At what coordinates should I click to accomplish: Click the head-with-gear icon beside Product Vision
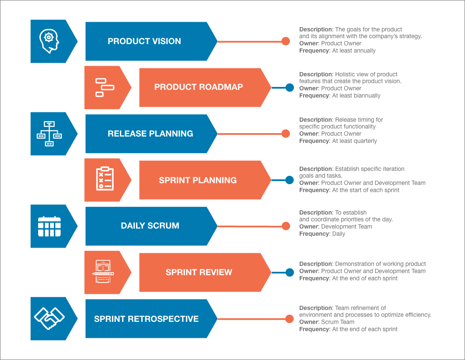click(x=49, y=41)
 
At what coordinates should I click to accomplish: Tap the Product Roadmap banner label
click(x=198, y=87)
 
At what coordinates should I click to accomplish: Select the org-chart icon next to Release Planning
click(x=49, y=134)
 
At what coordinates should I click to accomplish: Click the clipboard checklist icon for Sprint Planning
click(x=105, y=179)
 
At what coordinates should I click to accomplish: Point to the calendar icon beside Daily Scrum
click(x=49, y=226)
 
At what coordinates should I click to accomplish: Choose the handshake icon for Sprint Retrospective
click(x=49, y=318)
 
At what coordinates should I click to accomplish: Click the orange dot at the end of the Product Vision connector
click(x=286, y=41)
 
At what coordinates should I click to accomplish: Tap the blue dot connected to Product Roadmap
click(x=290, y=88)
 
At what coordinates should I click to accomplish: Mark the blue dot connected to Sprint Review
click(x=290, y=273)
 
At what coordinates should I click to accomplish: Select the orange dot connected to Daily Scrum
click(x=286, y=226)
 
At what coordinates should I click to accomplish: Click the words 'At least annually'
click(x=354, y=50)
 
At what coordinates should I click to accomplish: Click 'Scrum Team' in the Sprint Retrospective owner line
click(x=337, y=322)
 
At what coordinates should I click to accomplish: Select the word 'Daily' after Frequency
click(x=339, y=234)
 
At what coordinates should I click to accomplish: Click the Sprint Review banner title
click(x=199, y=273)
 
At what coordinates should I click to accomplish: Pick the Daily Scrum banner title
click(x=150, y=226)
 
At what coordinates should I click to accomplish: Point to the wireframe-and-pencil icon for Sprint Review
click(x=103, y=272)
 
